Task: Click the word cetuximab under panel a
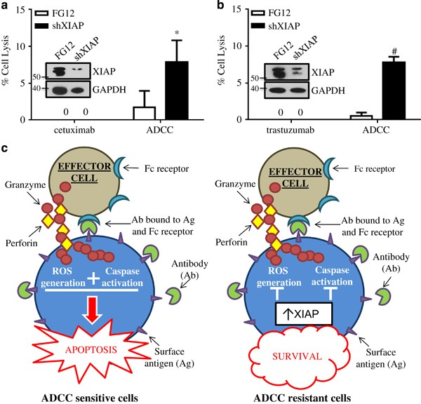click(x=48, y=130)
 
